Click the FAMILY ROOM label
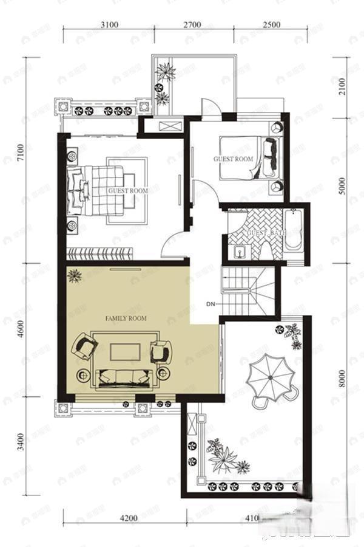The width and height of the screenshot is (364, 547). pos(126,318)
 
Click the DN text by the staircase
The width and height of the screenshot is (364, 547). pos(210,303)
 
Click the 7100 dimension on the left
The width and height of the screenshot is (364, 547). pos(22,152)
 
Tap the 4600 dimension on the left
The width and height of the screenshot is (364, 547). pos(22,329)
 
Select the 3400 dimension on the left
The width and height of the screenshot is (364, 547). pos(22,442)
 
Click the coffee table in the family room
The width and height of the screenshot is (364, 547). pos(126,351)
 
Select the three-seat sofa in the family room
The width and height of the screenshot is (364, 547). pos(124,377)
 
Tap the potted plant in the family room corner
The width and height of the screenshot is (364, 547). pos(75,277)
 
